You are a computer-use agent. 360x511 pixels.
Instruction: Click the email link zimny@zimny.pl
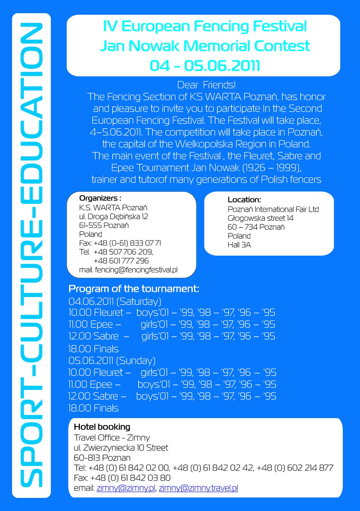click(126, 488)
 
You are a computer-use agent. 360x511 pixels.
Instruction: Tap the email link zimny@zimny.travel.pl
click(198, 488)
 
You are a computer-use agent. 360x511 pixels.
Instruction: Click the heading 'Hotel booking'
click(102, 427)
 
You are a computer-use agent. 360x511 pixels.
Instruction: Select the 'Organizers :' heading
click(100, 198)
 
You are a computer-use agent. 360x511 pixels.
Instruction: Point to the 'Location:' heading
click(244, 200)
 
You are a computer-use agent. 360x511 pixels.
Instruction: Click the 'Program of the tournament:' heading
click(134, 289)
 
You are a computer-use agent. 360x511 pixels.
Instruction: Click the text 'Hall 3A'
click(239, 245)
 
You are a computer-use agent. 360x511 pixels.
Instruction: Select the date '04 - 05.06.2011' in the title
click(204, 66)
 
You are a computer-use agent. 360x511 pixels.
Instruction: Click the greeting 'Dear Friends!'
click(206, 85)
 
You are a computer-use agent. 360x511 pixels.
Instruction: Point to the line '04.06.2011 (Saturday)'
click(115, 301)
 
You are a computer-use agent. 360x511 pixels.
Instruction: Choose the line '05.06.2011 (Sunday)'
click(112, 360)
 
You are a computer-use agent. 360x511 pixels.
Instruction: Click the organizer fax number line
click(120, 243)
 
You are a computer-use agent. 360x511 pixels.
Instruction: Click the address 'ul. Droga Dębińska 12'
click(113, 216)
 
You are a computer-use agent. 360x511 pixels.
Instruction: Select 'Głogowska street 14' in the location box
click(260, 218)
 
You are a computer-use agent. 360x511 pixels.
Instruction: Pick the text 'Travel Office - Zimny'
click(112, 438)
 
